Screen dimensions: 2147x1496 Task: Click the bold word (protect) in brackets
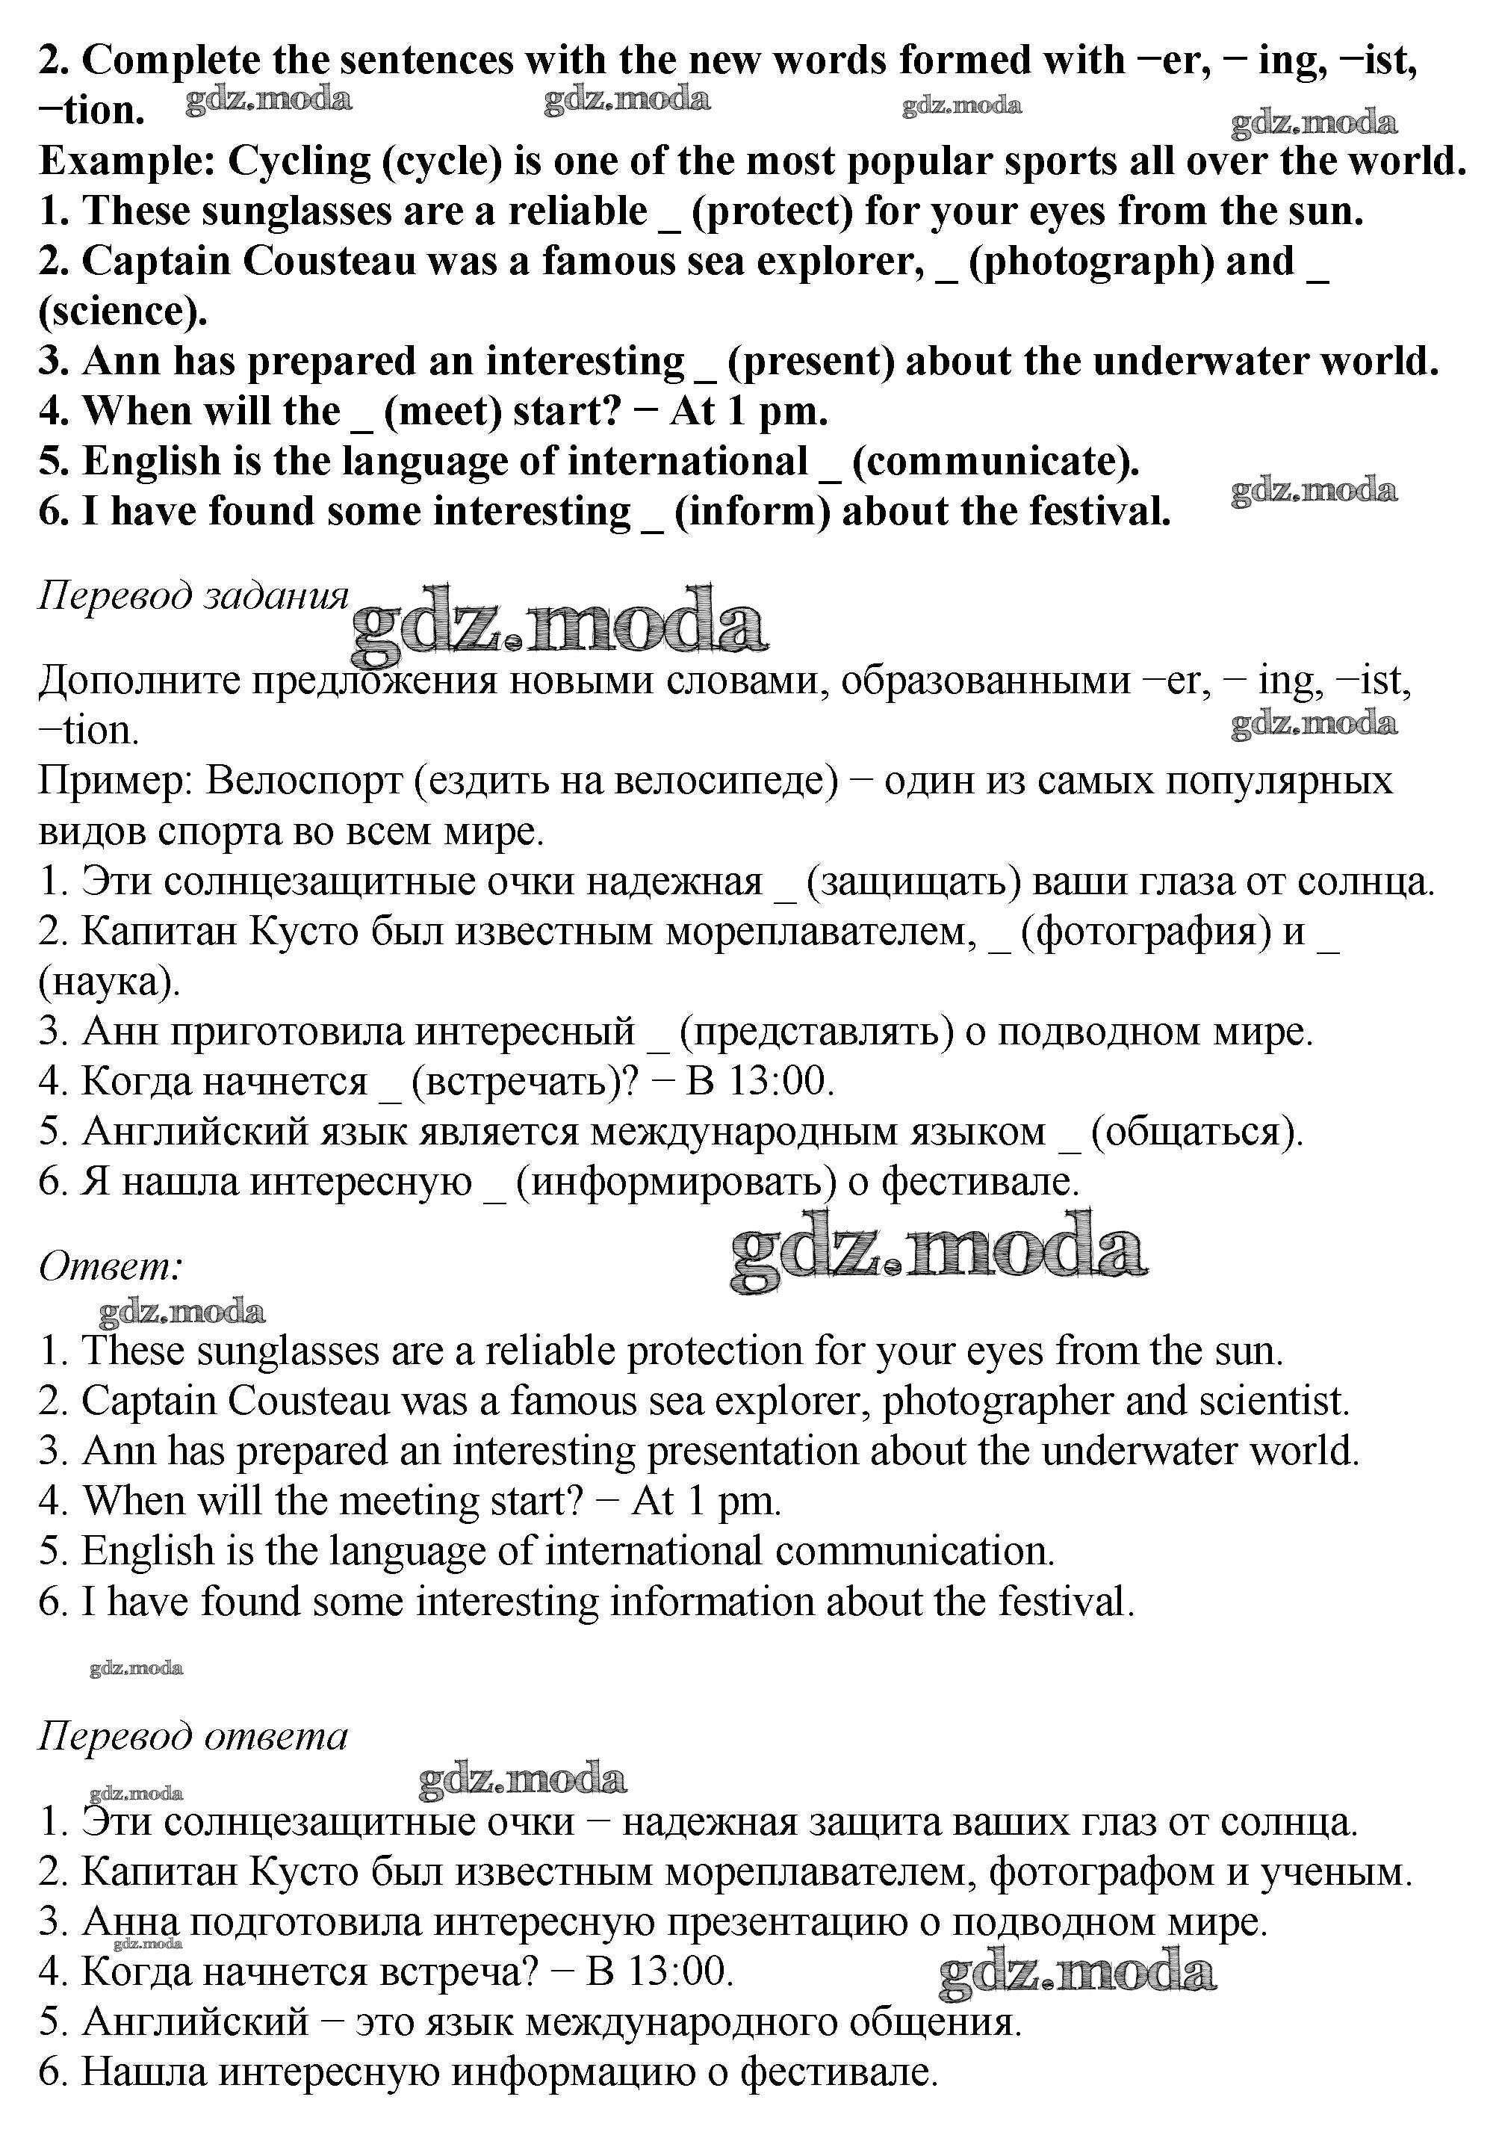point(772,212)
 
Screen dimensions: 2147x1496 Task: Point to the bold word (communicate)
point(996,462)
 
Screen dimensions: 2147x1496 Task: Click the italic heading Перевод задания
point(193,595)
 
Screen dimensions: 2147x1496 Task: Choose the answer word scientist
point(1273,1401)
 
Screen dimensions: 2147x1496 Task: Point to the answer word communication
point(913,1552)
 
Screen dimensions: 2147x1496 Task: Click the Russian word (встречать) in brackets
point(524,1082)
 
